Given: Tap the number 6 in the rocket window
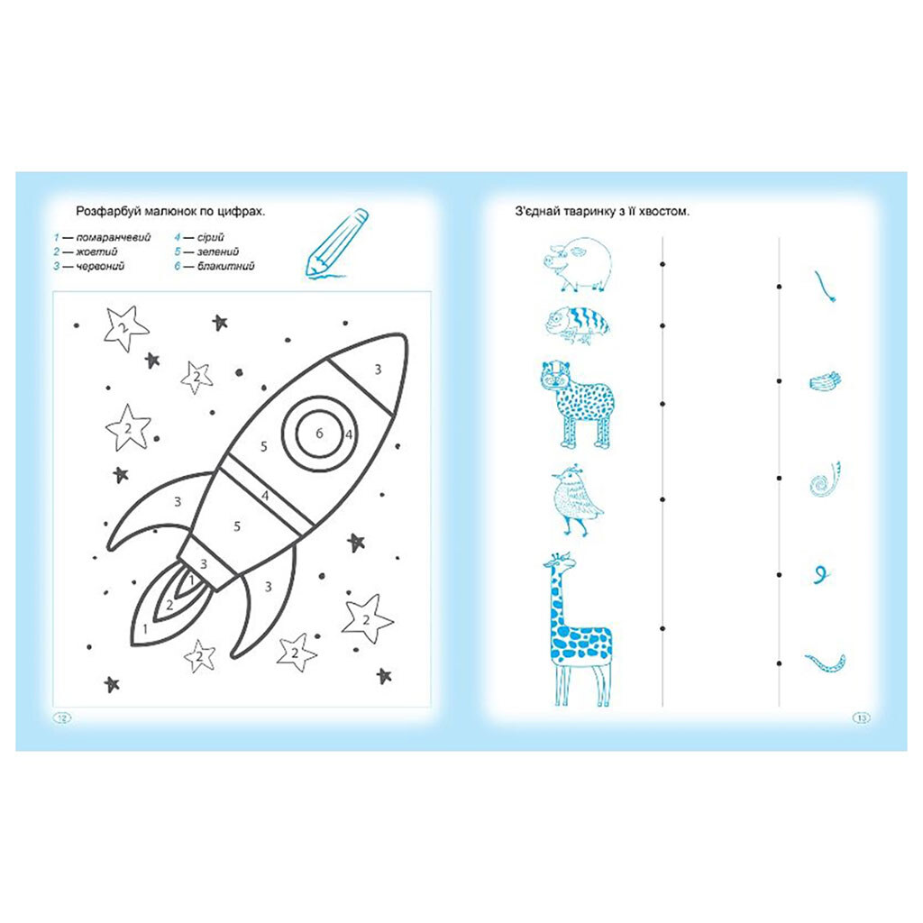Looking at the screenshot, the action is pos(319,434).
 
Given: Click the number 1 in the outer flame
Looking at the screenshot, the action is pos(145,629).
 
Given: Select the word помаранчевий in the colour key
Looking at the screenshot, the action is pos(114,237).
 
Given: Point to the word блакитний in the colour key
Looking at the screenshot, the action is pos(226,266).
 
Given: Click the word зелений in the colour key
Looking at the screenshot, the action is pos(218,251).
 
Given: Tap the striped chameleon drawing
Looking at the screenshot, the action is pos(578,324).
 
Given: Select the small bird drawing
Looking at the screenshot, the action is pos(576,500).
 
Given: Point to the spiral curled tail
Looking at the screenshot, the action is pos(825,480).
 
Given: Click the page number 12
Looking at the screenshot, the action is pos(62,717).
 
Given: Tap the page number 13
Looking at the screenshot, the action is pos(861,717).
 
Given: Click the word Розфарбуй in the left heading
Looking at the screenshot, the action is pos(105,212).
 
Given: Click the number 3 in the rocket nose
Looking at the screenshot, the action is pos(378,369).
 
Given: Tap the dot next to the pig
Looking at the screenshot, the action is pos(663,264).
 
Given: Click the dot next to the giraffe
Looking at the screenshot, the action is pos(663,628).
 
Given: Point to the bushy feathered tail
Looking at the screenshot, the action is pos(826,381).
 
